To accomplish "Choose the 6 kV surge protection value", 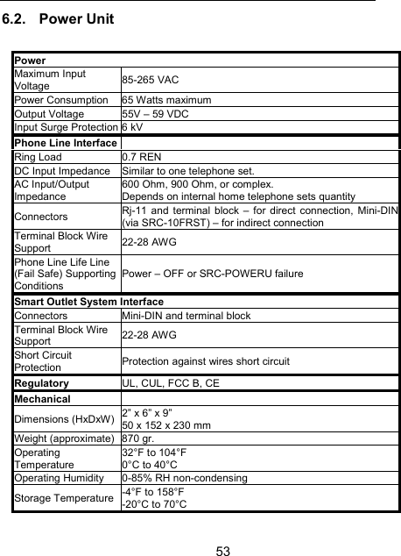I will click(x=134, y=128).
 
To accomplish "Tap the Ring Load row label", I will click(x=38, y=156).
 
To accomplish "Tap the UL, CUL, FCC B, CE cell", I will click(x=171, y=383).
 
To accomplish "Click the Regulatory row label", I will click(x=41, y=383).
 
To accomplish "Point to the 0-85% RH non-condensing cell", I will click(x=185, y=477).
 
